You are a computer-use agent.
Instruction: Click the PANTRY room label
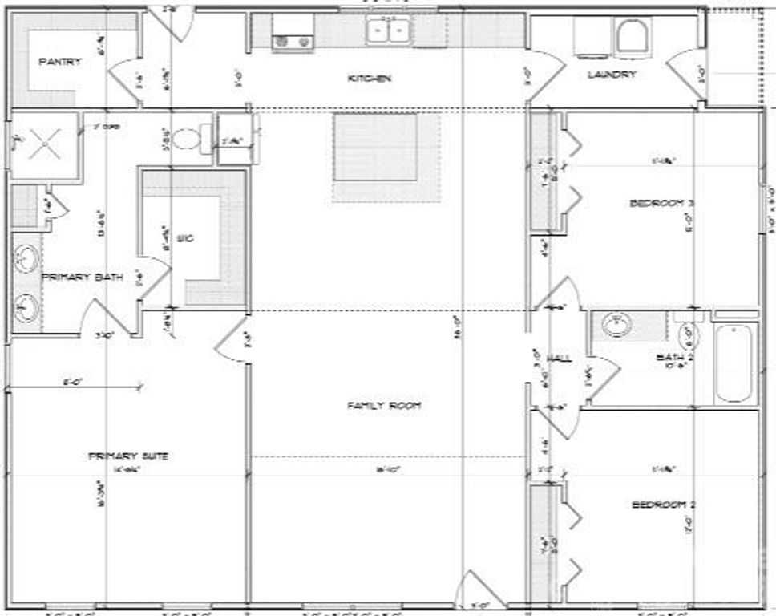60,62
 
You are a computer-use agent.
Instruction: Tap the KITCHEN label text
369,79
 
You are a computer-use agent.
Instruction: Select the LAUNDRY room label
612,75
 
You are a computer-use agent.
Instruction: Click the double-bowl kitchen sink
389,30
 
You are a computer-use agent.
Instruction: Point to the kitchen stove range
292,31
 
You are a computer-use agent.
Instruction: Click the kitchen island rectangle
376,148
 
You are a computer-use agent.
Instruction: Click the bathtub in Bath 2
735,363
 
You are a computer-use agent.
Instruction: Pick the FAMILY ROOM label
384,406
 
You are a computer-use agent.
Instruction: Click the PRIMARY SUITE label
128,456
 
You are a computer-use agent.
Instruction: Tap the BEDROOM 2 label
663,505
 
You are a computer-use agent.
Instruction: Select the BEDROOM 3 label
661,203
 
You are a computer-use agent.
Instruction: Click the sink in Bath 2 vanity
616,324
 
